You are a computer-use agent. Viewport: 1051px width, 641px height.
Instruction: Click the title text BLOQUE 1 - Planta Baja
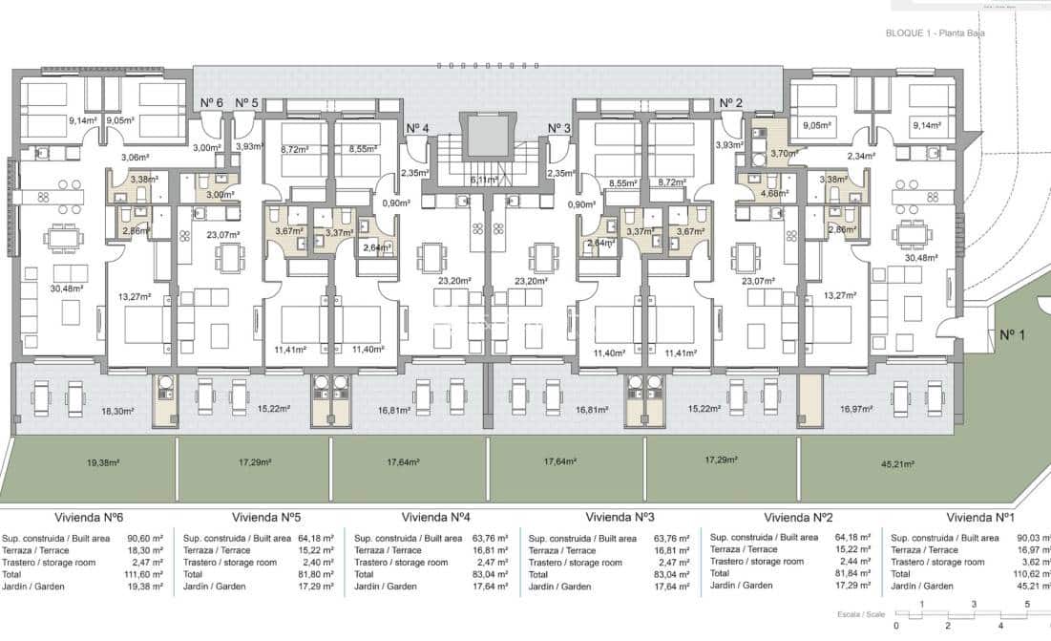point(935,33)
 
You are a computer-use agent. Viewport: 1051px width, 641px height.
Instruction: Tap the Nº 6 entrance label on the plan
point(211,103)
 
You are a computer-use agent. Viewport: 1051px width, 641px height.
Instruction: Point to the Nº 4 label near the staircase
point(417,129)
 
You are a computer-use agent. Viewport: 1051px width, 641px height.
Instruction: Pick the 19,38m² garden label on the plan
point(102,462)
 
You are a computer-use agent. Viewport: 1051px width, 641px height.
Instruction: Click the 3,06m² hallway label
point(135,158)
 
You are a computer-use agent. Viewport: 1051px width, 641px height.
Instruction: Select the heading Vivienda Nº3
point(619,517)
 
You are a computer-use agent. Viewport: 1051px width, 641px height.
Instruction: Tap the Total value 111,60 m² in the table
point(145,575)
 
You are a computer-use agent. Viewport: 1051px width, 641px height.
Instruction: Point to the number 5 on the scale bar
point(1027,604)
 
